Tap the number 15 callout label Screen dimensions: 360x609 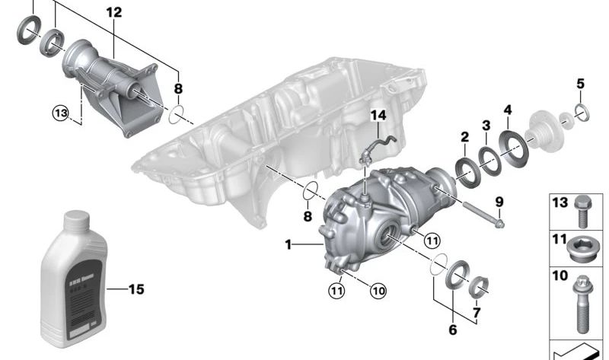135,289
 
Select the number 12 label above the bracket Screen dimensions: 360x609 113,13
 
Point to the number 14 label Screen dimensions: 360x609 378,116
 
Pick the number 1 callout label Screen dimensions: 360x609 289,244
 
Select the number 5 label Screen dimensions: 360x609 580,84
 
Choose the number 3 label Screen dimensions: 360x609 486,125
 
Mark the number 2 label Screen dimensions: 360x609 464,138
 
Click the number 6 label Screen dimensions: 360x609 454,331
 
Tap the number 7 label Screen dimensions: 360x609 477,313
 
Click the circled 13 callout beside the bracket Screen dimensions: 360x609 60,113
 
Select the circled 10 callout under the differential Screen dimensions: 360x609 378,289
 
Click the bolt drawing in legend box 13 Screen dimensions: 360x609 583,210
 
